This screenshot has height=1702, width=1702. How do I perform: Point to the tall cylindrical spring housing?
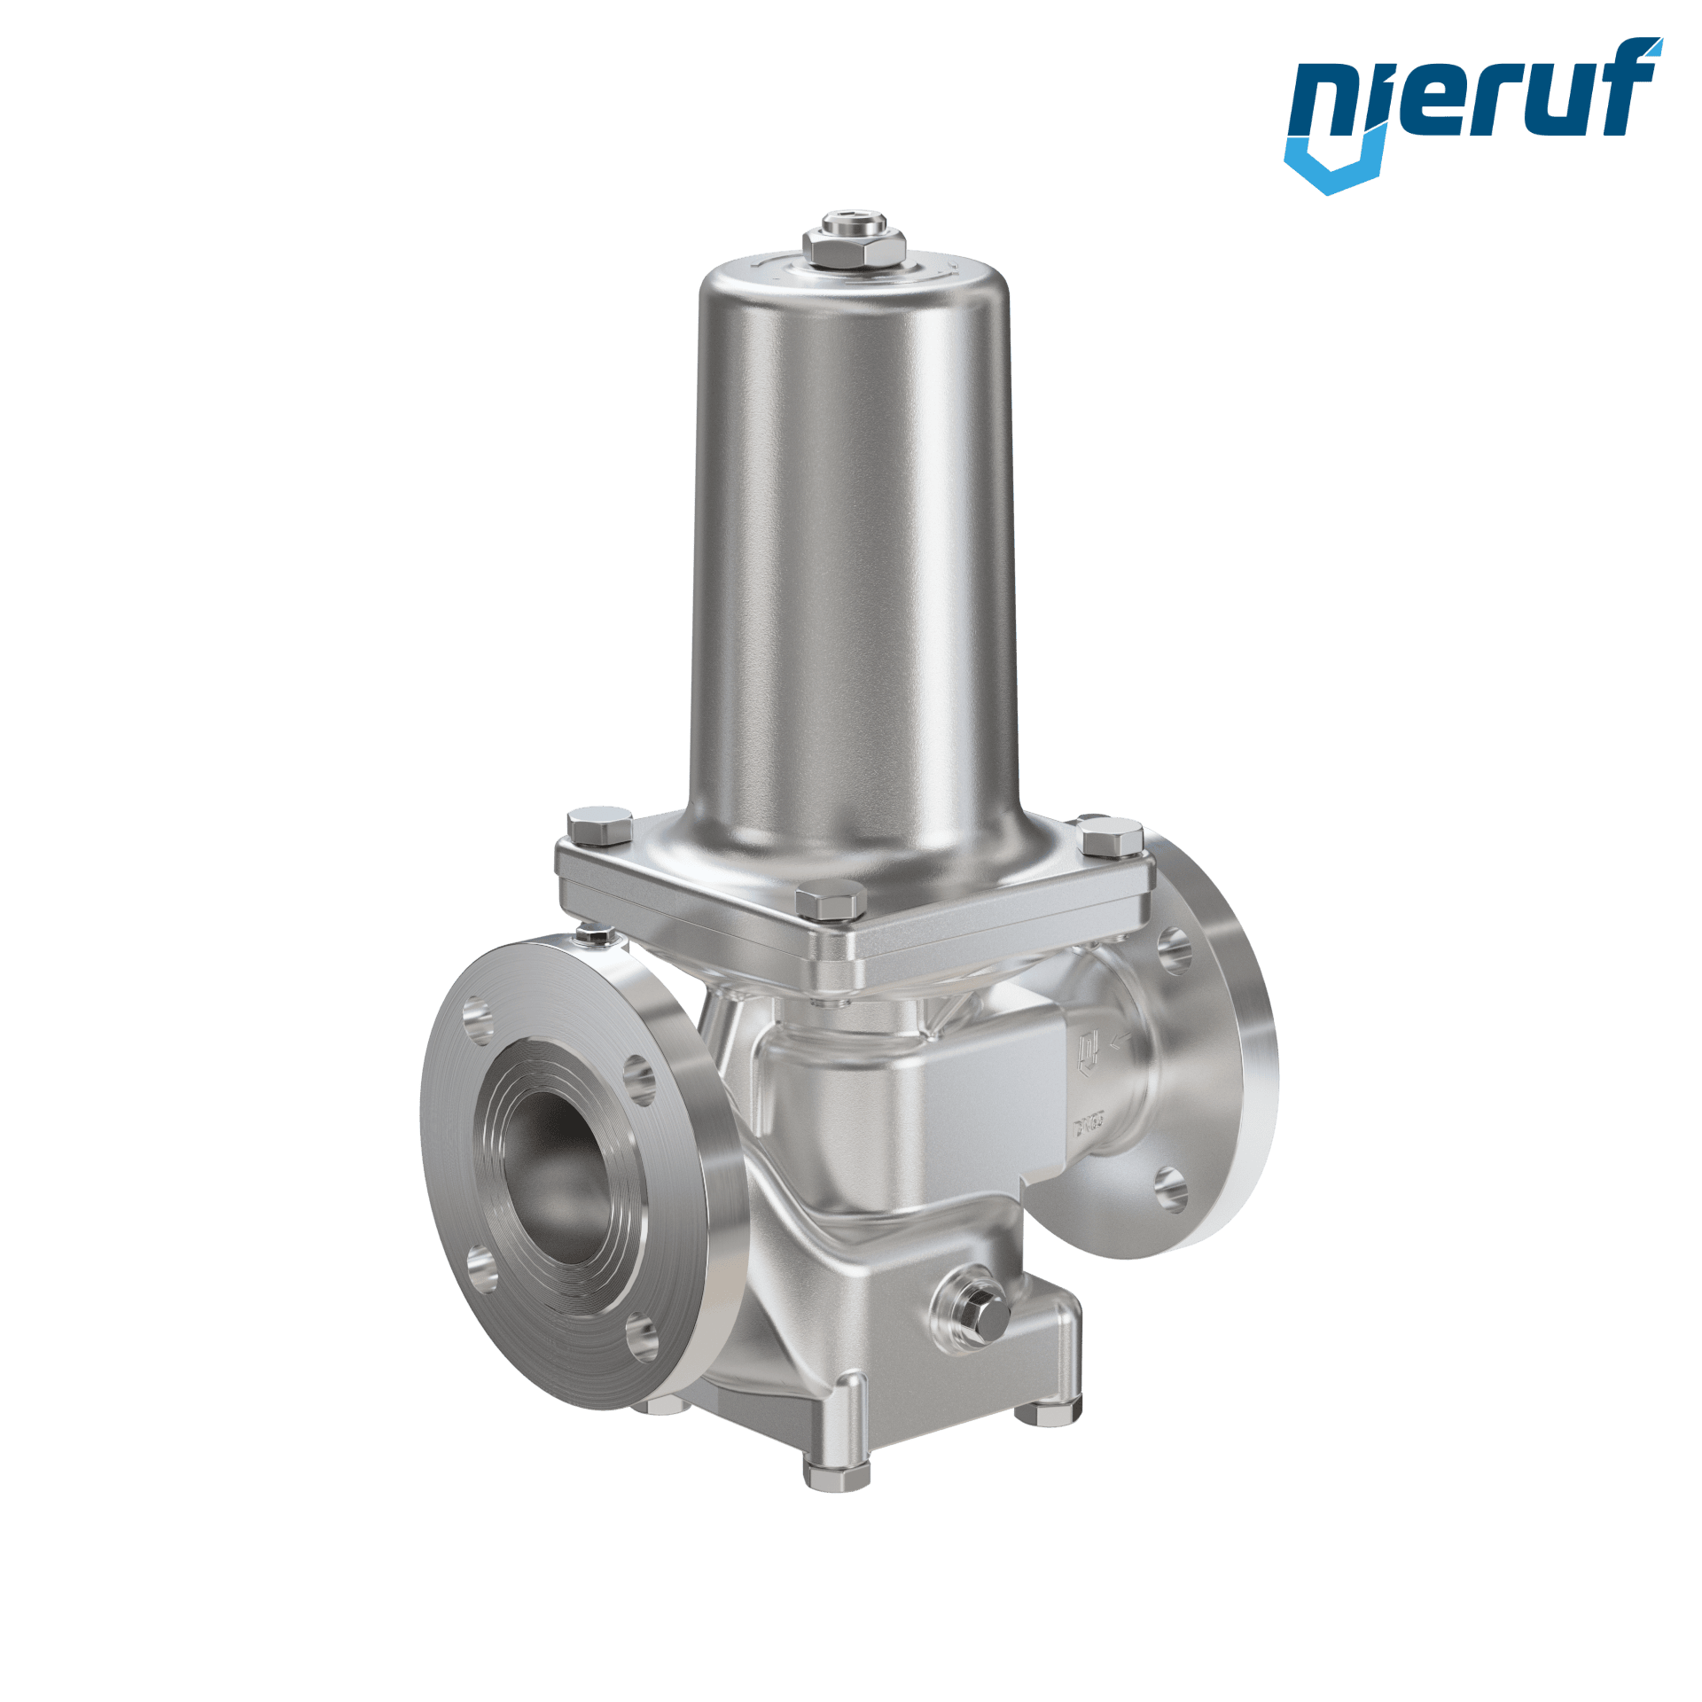tap(854, 550)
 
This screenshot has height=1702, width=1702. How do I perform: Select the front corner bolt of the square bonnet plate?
tap(830, 900)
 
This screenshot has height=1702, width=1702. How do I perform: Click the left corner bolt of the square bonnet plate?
tap(599, 825)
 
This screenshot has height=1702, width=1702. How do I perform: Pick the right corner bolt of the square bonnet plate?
tap(1110, 836)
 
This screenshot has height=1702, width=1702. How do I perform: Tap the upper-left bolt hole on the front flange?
tap(480, 1022)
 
